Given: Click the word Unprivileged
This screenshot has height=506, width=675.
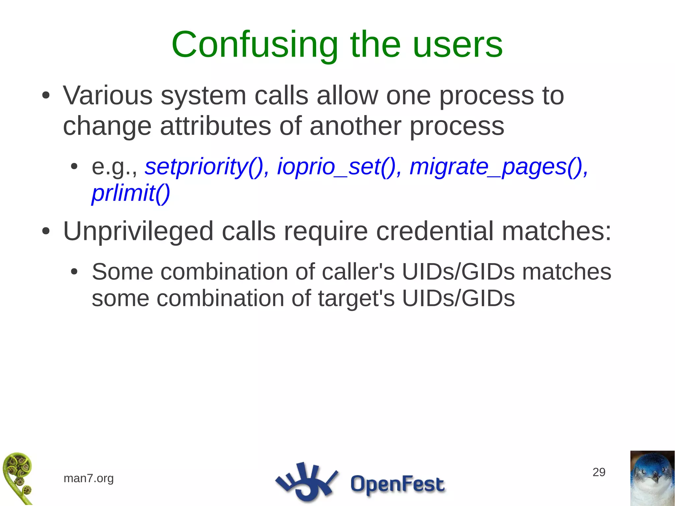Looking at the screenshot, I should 138,232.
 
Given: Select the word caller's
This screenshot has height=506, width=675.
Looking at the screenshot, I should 358,272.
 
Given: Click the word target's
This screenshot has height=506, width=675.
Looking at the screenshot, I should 356,298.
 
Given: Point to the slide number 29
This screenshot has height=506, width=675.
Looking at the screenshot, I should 599,472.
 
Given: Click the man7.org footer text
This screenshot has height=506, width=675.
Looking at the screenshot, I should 89,478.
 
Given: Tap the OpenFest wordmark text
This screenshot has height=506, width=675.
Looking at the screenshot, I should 397,484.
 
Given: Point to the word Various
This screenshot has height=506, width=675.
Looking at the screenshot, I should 107,96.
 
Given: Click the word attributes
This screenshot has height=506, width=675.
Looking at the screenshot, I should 215,126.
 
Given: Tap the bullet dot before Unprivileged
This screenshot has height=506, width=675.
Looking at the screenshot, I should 46,232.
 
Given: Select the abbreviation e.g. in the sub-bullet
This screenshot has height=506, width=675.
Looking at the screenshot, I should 114,167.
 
